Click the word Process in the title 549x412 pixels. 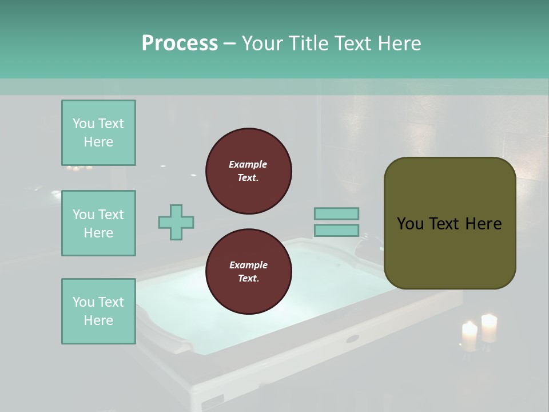pyautogui.click(x=180, y=43)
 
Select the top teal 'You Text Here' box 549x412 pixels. pyautogui.click(x=98, y=133)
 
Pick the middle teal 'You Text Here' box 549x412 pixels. pyautogui.click(x=98, y=223)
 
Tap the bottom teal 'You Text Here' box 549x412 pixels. pyautogui.click(x=98, y=311)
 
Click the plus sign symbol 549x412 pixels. pyautogui.click(x=176, y=222)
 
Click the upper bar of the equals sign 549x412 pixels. pyautogui.click(x=336, y=213)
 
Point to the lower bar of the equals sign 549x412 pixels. pyautogui.click(x=336, y=231)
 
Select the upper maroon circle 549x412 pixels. pyautogui.click(x=248, y=171)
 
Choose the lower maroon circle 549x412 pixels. pyautogui.click(x=248, y=272)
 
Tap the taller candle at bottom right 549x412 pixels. pyautogui.click(x=489, y=328)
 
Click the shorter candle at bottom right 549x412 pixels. pyautogui.click(x=469, y=336)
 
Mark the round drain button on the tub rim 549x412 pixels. pyautogui.click(x=352, y=338)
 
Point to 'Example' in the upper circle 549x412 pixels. pyautogui.click(x=248, y=164)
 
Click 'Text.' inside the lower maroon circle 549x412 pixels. pyautogui.click(x=248, y=279)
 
